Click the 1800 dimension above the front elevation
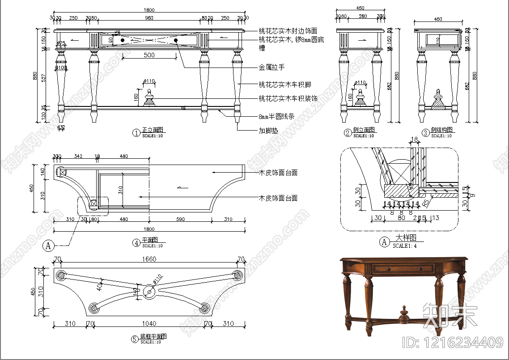click(149, 9)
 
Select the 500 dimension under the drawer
click(149, 55)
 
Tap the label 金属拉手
click(271, 67)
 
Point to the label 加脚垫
click(268, 131)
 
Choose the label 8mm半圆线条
click(276, 116)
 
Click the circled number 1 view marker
click(136, 132)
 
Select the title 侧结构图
click(441, 130)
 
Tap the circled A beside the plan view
click(48, 245)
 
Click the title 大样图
click(406, 238)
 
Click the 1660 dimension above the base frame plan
click(149, 259)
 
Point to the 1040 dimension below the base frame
click(149, 323)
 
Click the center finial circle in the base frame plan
click(149, 292)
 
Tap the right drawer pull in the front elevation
click(176, 40)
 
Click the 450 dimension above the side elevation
click(360, 8)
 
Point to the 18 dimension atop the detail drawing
click(414, 140)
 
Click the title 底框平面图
click(153, 336)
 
